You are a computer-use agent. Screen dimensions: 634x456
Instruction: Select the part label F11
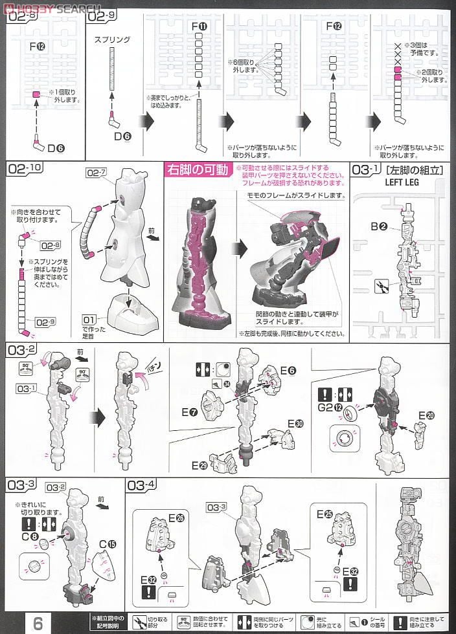199,27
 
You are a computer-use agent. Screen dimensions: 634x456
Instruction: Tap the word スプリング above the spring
112,39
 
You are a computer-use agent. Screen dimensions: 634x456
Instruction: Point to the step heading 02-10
27,170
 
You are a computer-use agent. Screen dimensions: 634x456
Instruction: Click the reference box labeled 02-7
97,173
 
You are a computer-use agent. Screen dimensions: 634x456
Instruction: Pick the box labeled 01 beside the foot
89,320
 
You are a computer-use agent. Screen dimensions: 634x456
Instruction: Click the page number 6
38,622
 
